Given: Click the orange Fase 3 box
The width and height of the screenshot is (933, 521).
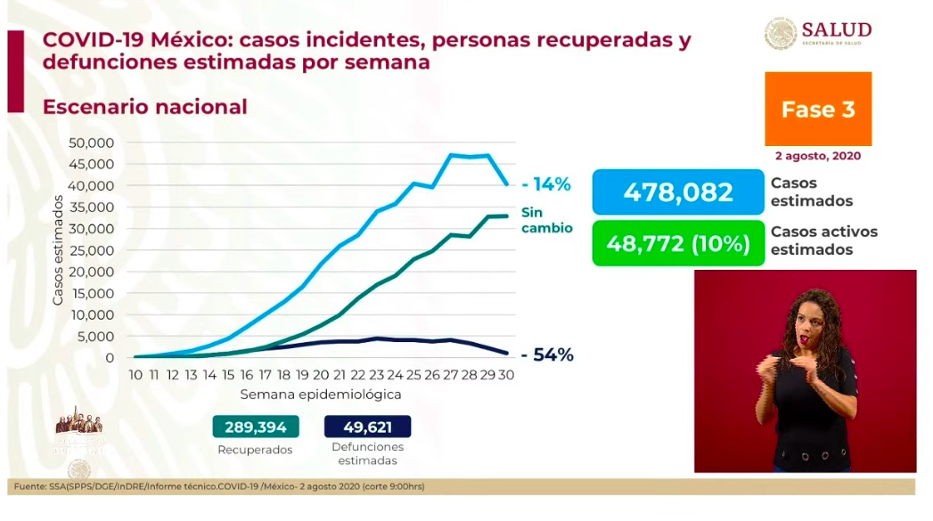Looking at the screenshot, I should [x=817, y=109].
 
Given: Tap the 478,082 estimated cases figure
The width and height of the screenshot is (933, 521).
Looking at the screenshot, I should [x=678, y=192].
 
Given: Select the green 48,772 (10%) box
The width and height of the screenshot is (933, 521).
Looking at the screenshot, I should [x=678, y=243].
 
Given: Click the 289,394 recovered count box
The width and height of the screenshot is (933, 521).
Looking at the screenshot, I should [x=255, y=427].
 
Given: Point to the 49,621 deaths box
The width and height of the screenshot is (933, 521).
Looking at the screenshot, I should [x=367, y=427].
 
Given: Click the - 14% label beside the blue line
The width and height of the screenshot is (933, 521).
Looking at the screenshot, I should [x=546, y=185].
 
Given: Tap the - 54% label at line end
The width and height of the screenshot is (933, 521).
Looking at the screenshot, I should [x=547, y=355].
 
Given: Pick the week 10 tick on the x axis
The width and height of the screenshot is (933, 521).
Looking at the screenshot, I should [x=136, y=375].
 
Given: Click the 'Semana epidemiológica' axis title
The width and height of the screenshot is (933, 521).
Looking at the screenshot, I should [x=320, y=394].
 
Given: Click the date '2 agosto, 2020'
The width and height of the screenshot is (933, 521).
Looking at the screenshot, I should [x=818, y=156].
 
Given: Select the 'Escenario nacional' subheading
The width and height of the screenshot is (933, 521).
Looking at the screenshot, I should [x=145, y=107].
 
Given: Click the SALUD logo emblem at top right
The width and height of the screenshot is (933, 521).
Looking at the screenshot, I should [x=781, y=33].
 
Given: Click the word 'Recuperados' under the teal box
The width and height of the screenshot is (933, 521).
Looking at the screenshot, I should [x=255, y=450].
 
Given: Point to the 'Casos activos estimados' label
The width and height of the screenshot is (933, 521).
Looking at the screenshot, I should [x=823, y=240].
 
